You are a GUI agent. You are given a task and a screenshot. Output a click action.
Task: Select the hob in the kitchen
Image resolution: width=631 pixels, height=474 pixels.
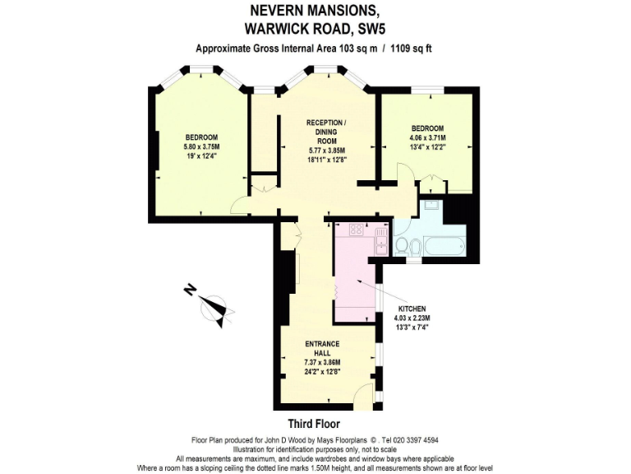click(x=355, y=230)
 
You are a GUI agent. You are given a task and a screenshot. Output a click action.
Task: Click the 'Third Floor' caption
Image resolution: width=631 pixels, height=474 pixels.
click(x=315, y=425)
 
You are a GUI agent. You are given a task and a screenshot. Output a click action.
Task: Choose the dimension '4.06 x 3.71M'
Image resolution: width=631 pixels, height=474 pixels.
click(x=427, y=138)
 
